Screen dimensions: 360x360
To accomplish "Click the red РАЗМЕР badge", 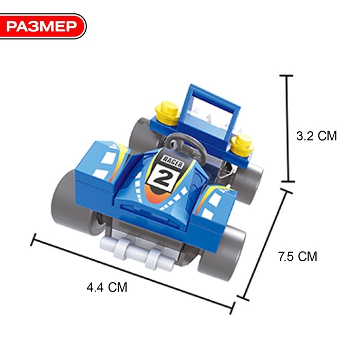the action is click(x=43, y=26).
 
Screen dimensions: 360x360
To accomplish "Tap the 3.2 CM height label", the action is click(x=316, y=136).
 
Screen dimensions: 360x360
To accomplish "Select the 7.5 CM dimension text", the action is click(x=298, y=257).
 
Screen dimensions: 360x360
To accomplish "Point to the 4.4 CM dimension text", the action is click(x=107, y=287).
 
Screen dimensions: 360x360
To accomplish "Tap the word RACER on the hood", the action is click(x=173, y=161).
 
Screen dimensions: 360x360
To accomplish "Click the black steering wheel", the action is click(x=186, y=145).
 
